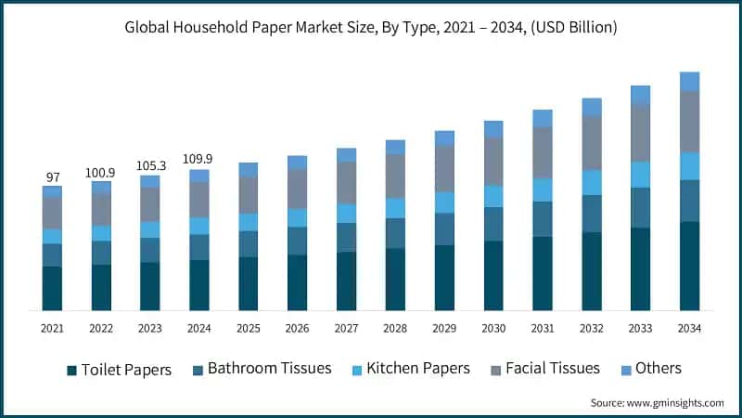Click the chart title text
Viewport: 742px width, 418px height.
371,28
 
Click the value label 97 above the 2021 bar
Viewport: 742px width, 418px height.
52,176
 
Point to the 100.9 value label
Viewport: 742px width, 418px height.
101,172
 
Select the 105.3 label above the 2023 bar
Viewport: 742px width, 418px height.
150,165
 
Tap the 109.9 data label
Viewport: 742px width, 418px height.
199,159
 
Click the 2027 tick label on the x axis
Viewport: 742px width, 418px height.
346,329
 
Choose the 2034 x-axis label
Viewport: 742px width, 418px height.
689,329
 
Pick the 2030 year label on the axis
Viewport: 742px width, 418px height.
493,329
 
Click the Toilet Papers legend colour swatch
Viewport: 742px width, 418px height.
71,371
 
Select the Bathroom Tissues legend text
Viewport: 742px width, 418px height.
269,369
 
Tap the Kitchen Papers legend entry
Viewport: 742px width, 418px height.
416,369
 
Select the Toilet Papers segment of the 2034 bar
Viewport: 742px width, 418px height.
689,266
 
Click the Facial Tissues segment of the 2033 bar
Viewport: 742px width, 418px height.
640,132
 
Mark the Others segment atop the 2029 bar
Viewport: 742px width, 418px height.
444,138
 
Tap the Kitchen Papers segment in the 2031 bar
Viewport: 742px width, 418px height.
543,189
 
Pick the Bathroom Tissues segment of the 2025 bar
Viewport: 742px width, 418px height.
249,243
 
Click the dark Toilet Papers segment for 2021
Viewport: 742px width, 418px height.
52,288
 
